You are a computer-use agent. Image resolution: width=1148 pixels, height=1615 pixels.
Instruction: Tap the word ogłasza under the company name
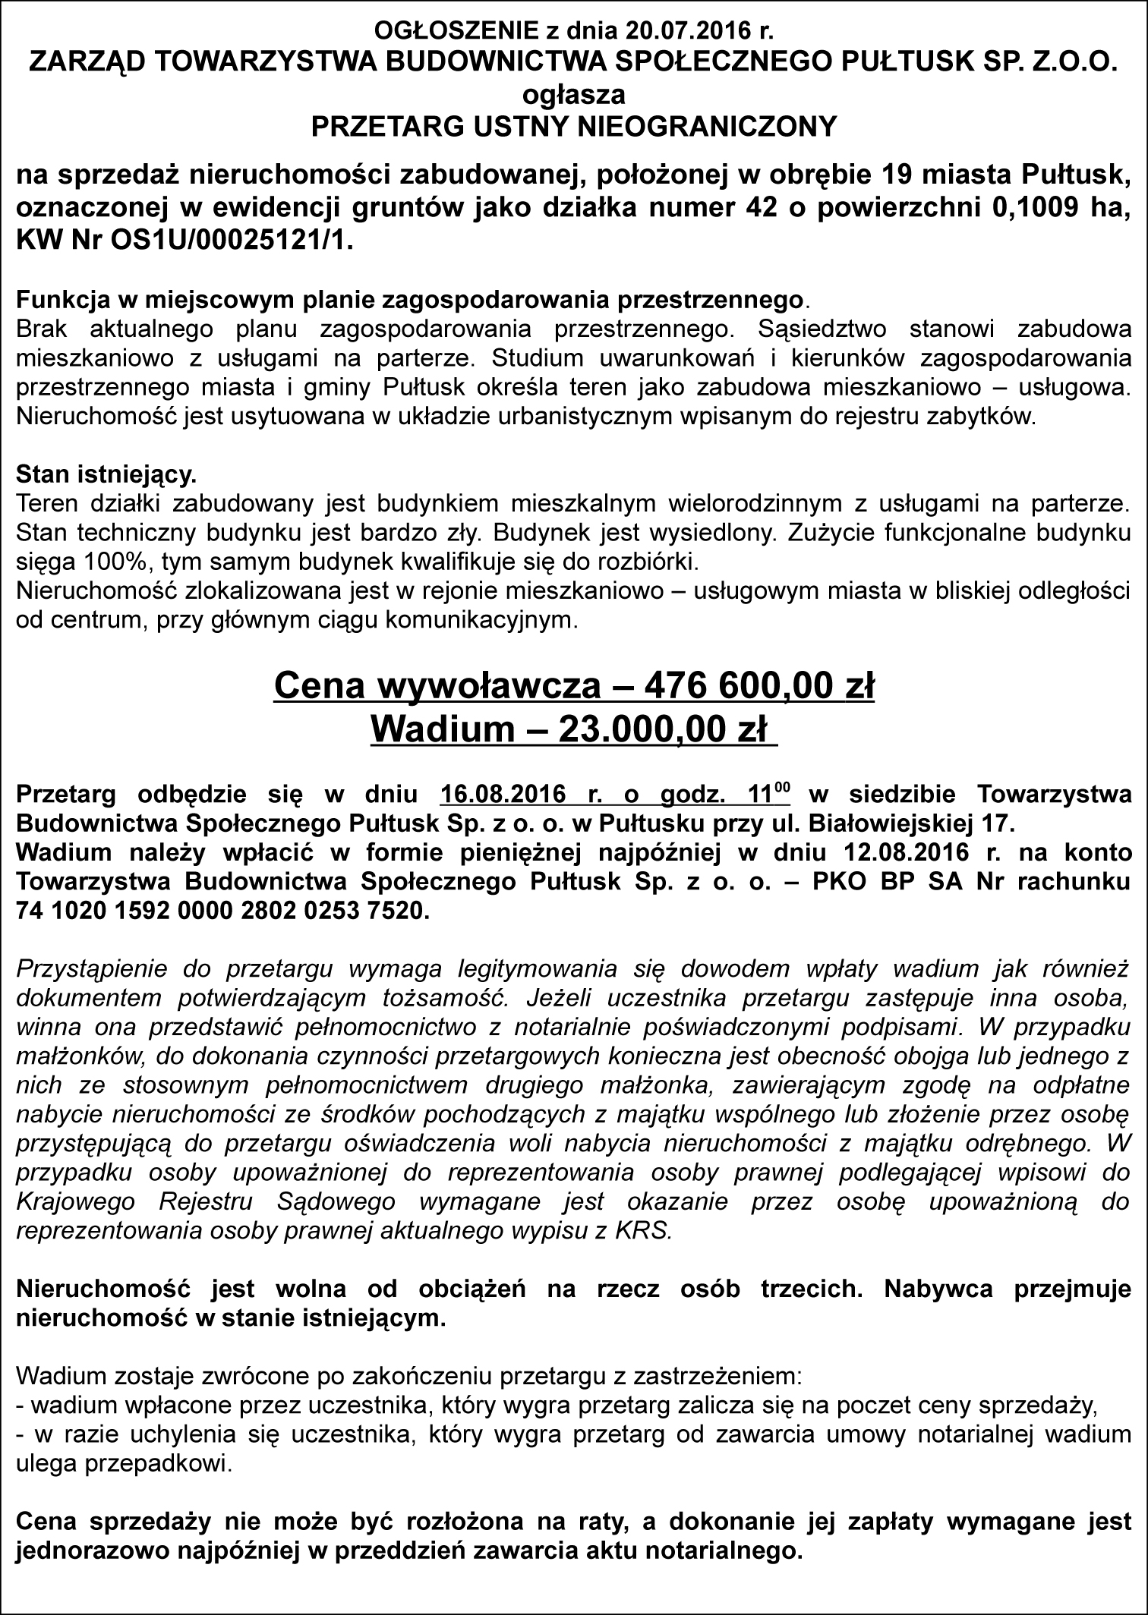click(573, 95)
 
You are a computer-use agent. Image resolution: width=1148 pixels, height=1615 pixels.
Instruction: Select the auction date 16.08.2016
click(503, 795)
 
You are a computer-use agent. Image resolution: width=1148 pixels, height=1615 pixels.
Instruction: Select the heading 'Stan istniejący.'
click(106, 475)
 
